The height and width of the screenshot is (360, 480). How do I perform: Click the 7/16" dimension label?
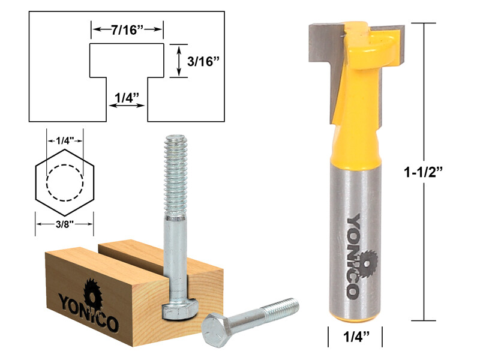coord(127,28)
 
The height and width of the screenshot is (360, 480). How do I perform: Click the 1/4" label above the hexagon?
coord(65,141)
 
